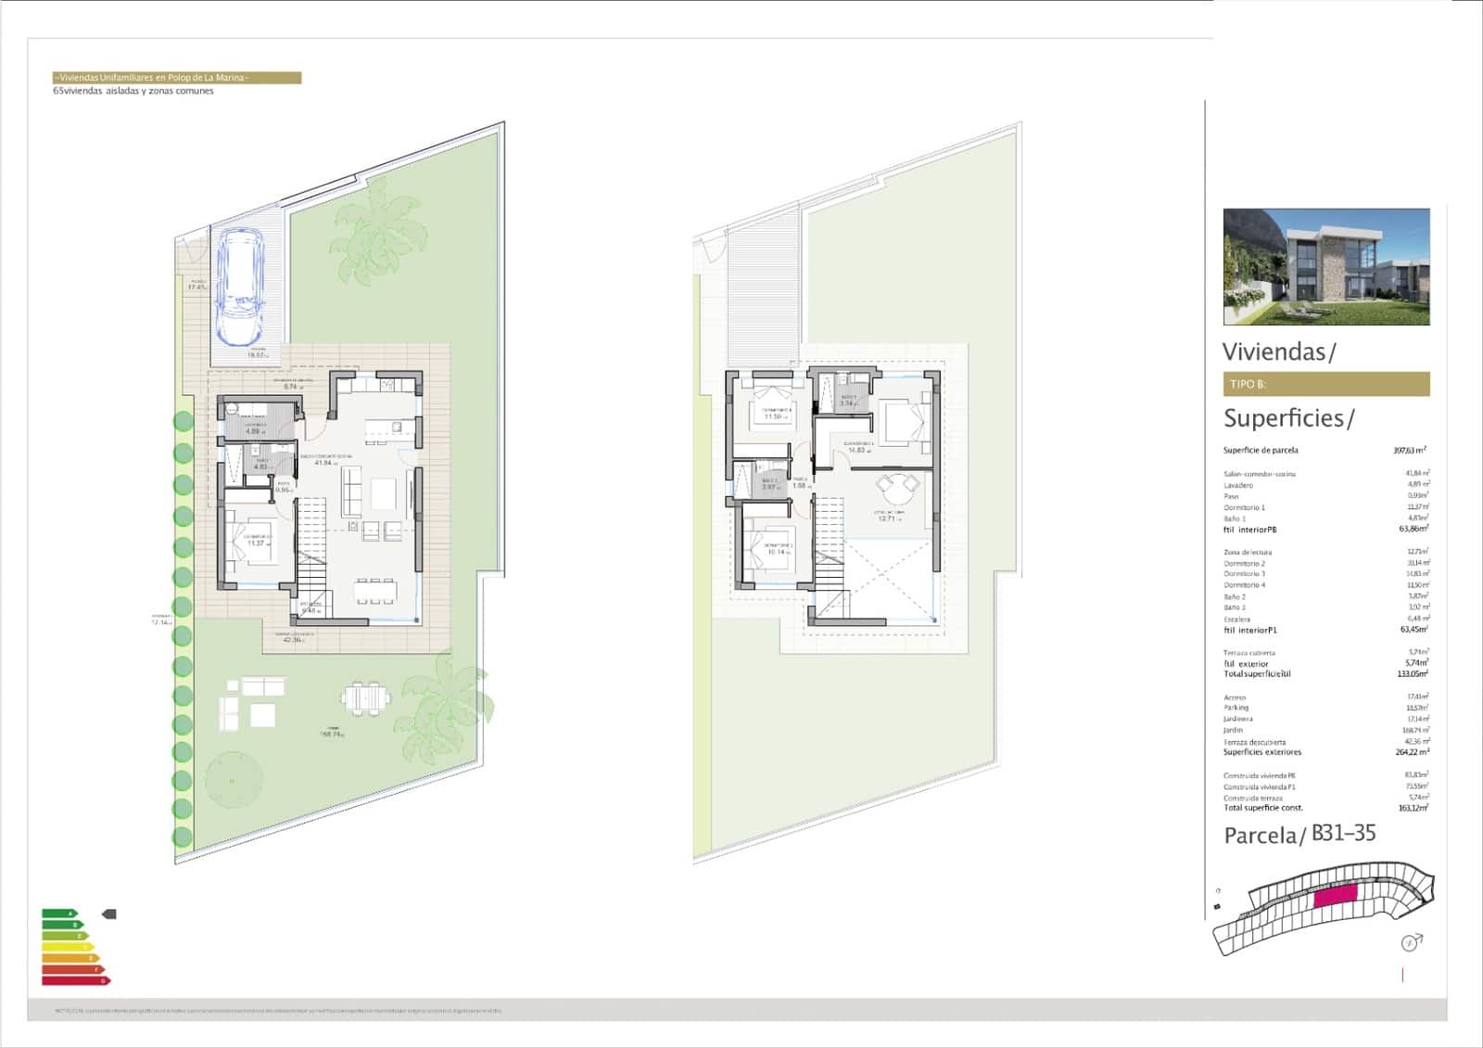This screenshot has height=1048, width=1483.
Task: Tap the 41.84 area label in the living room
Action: click(322, 463)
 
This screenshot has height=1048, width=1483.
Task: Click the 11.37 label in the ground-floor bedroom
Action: click(256, 543)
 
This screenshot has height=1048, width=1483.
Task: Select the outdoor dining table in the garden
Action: click(365, 697)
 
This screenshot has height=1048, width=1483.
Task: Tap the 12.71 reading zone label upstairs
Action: click(887, 518)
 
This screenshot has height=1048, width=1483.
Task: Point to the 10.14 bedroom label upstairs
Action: click(778, 552)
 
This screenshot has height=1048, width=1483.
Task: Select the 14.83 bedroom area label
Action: click(858, 450)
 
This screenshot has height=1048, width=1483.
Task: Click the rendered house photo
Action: click(1325, 266)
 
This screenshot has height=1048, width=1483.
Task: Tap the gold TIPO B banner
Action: click(1325, 384)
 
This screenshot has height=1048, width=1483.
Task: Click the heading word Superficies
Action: click(1283, 418)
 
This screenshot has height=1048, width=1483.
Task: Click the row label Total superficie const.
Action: click(1262, 808)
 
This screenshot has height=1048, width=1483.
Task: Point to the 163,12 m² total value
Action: click(1413, 808)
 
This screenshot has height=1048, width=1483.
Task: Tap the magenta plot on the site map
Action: click(1335, 896)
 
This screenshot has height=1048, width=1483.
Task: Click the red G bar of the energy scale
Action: click(75, 980)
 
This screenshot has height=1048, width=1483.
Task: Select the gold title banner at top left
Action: click(177, 78)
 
